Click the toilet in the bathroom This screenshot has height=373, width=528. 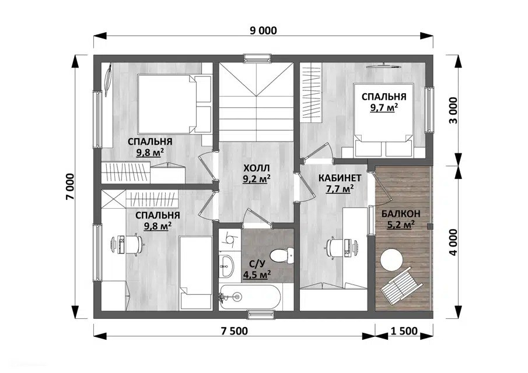[281, 255]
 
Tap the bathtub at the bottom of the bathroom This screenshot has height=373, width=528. [250, 297]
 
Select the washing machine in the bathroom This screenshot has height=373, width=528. [230, 240]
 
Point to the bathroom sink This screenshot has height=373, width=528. [227, 265]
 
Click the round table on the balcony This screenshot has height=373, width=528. [391, 259]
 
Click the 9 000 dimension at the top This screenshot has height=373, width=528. [263, 31]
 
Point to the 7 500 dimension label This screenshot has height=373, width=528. [235, 331]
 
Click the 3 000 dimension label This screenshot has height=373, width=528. [453, 110]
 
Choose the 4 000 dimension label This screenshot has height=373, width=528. [453, 242]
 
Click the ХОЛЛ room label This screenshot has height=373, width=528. [256, 168]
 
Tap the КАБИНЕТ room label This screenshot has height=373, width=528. [340, 178]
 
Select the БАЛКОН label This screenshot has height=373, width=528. [401, 213]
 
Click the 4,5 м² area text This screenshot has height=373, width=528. [257, 275]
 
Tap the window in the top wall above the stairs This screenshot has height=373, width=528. [258, 58]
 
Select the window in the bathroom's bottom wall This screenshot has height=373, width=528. [262, 315]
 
